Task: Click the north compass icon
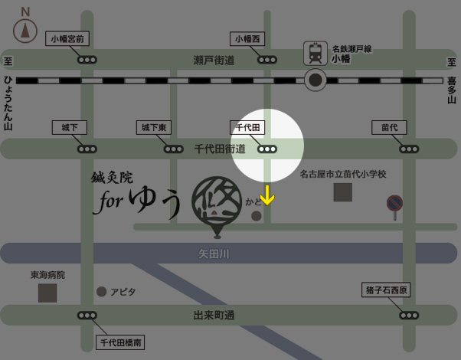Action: (x=25, y=28)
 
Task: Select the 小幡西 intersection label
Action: (x=247, y=38)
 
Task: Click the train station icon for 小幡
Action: (x=315, y=53)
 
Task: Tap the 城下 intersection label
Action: (x=69, y=127)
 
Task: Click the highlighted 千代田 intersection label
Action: (x=247, y=127)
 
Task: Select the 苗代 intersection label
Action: (x=389, y=127)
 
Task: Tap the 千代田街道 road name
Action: (x=219, y=149)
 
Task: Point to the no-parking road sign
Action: (x=394, y=204)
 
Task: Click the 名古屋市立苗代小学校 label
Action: (x=342, y=175)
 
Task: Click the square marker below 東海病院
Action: (x=47, y=292)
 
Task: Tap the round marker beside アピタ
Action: (x=101, y=292)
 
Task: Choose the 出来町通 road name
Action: (x=214, y=315)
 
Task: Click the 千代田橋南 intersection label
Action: (x=122, y=342)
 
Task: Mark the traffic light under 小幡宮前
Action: (x=86, y=59)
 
